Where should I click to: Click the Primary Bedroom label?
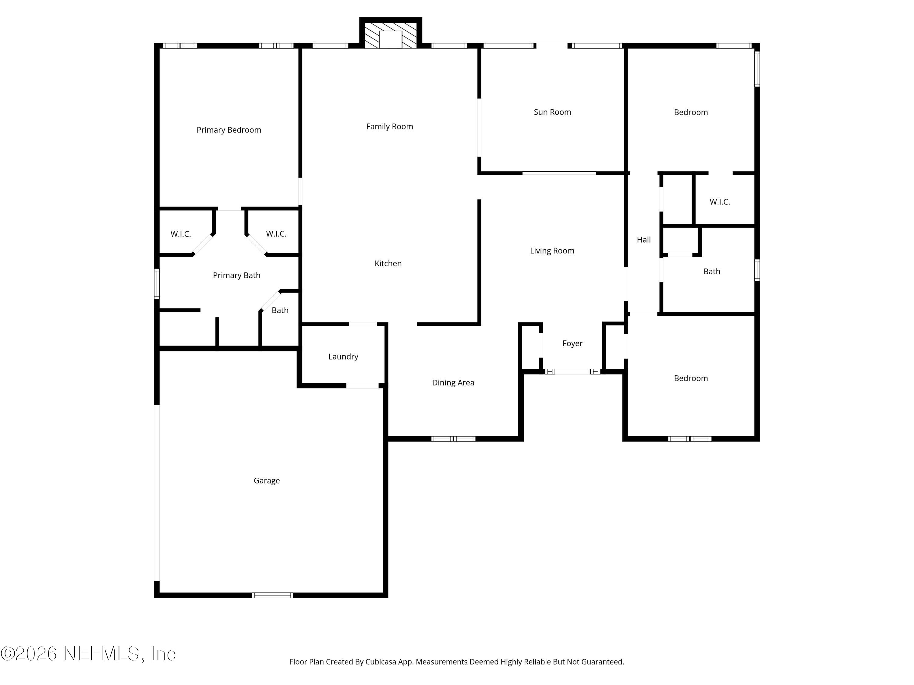click(x=228, y=130)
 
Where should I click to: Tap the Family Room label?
click(x=389, y=127)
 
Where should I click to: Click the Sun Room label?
click(x=552, y=112)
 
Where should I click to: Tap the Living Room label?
click(x=552, y=251)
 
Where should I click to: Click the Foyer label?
click(x=572, y=343)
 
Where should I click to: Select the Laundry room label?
click(x=343, y=357)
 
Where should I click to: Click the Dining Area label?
click(x=453, y=383)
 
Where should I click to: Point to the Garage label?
click(x=267, y=481)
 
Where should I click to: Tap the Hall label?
click(x=643, y=240)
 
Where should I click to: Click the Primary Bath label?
click(x=236, y=276)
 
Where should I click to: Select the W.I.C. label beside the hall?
click(x=719, y=202)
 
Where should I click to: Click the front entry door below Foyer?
click(x=572, y=372)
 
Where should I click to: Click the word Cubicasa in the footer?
click(x=381, y=662)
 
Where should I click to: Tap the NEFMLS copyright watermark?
click(x=88, y=654)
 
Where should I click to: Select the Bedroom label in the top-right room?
click(x=690, y=112)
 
